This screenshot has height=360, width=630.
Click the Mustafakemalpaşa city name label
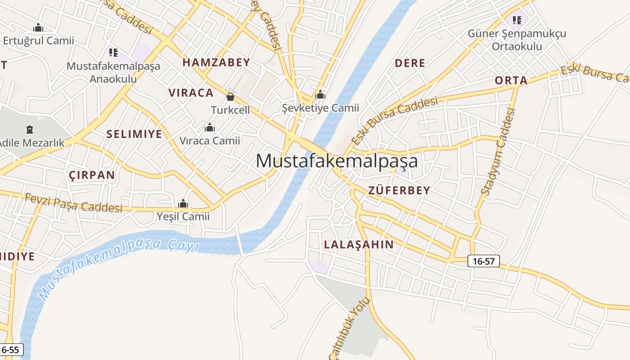(x=337, y=161)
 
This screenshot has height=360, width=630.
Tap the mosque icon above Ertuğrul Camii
(x=38, y=28)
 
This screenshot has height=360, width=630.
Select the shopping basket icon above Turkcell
(x=230, y=96)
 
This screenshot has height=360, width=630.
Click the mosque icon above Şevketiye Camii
(x=320, y=94)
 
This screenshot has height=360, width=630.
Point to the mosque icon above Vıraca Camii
(x=209, y=128)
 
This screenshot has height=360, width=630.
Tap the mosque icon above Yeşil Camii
(x=183, y=204)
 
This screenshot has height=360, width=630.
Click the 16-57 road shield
(x=484, y=261)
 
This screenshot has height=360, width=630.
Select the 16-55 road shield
(x=10, y=350)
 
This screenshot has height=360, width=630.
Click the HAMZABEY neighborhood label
(x=216, y=63)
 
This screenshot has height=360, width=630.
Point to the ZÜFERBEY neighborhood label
(x=399, y=190)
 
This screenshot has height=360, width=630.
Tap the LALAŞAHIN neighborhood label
(x=359, y=245)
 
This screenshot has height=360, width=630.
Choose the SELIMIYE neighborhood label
(x=134, y=134)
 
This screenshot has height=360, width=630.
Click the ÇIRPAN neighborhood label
(x=92, y=175)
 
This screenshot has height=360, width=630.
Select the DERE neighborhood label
(x=410, y=63)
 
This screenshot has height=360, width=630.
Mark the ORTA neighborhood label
(x=511, y=81)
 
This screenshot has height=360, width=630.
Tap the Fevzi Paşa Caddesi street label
(x=73, y=203)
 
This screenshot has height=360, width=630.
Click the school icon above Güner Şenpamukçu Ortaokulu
(x=517, y=20)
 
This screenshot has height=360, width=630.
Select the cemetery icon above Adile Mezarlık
(x=30, y=130)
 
